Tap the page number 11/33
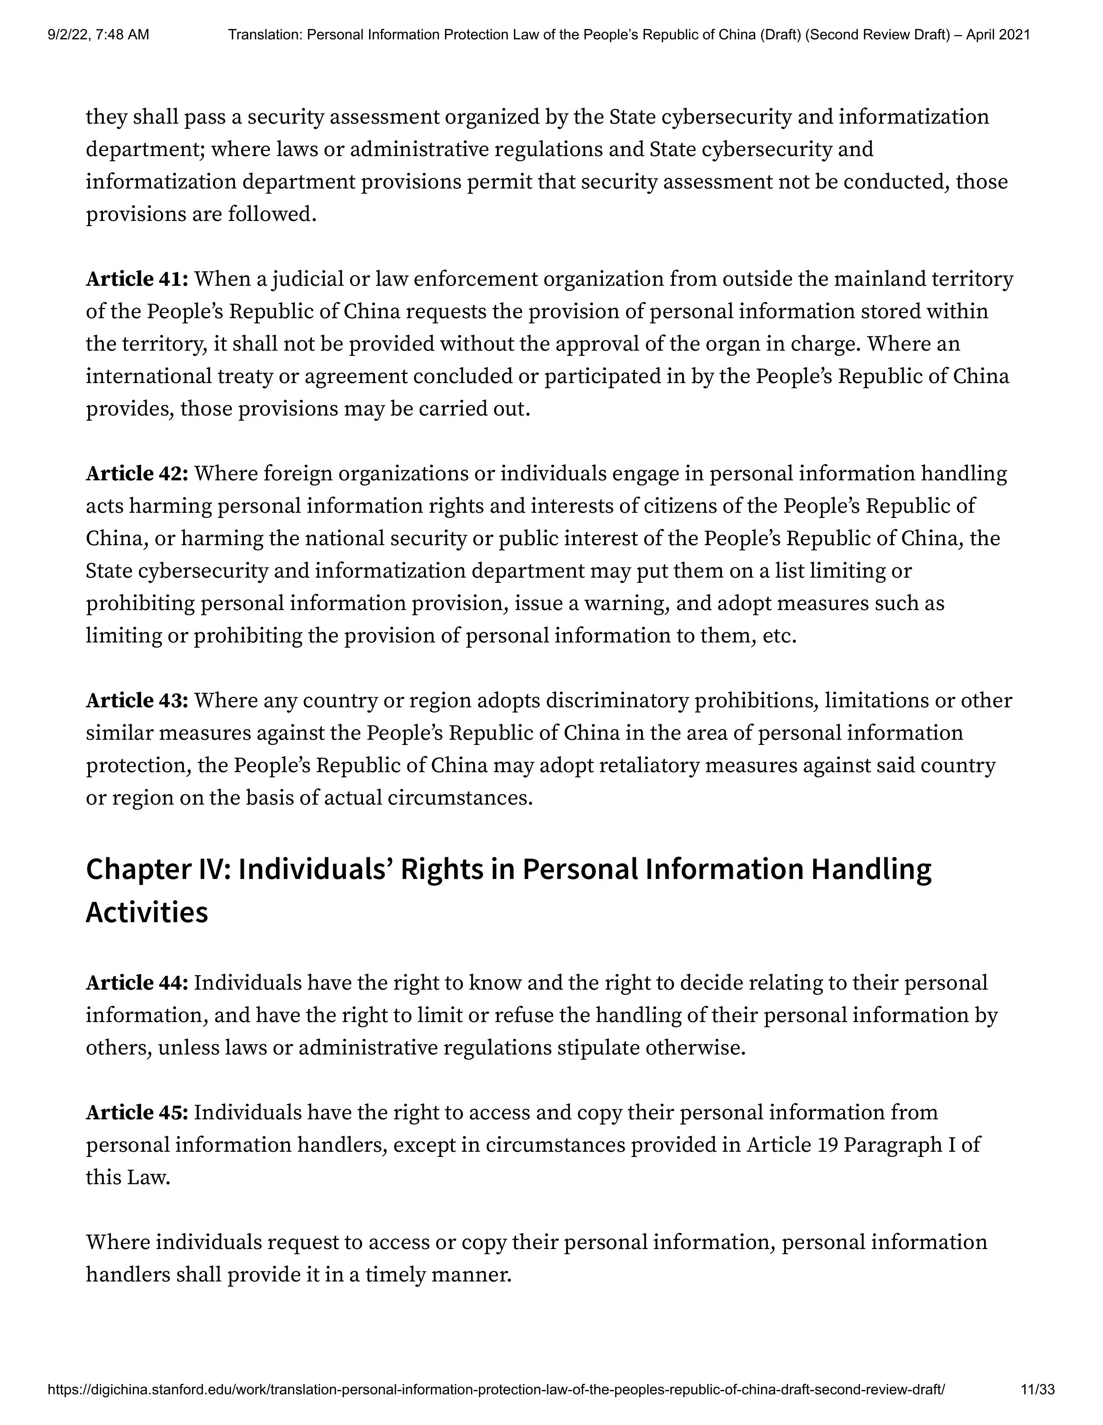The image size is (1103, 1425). (1037, 1390)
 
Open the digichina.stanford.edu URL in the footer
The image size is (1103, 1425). (496, 1390)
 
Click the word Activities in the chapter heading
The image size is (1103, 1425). (147, 912)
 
